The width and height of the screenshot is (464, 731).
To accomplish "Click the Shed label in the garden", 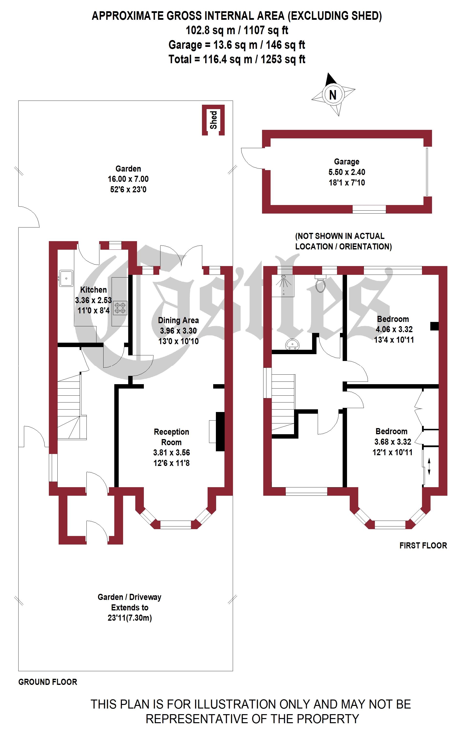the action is coord(213,120).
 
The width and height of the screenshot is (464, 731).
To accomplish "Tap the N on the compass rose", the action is coord(333,95).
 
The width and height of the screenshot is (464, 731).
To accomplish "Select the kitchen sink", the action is coord(66,278).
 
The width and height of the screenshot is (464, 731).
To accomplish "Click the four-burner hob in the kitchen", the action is coord(120,308).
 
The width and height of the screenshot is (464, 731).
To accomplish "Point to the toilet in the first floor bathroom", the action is coord(320,284).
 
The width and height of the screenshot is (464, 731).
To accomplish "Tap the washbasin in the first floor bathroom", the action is coord(292,344).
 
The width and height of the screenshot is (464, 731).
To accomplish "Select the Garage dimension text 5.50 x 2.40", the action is coord(347,172).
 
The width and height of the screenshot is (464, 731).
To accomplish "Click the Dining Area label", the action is coord(178,320).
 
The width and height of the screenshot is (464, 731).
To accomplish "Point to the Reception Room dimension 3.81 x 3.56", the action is coord(172,453).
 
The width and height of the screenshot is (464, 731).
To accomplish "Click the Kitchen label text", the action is coord(94,290).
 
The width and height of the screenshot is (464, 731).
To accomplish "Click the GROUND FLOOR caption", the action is coord(48,682).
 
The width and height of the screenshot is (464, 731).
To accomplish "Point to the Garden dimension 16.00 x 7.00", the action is coord(128,179).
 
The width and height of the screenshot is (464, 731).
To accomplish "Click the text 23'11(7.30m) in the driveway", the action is coord(130,618).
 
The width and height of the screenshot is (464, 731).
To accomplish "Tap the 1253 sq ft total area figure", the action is coord(283,59).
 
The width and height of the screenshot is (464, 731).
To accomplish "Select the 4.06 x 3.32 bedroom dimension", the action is coord(394,329).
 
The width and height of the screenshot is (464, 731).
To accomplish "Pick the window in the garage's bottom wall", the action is coord(369,209).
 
